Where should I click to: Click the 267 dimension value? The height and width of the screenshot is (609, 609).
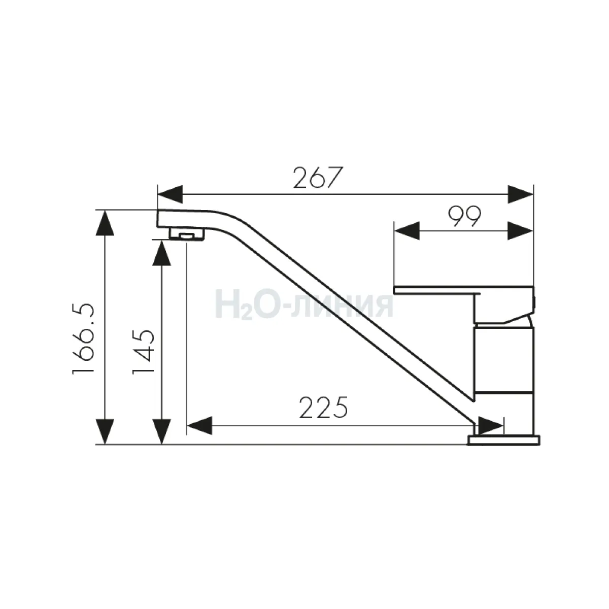point(318,178)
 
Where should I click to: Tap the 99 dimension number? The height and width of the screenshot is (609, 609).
point(464,217)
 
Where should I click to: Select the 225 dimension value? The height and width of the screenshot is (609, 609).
point(323,407)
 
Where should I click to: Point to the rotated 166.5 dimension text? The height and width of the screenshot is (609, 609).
point(83,339)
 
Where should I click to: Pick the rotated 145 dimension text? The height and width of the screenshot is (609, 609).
point(143,352)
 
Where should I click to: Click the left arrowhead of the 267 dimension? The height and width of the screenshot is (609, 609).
point(170,194)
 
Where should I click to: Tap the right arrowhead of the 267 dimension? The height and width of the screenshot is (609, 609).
point(521,194)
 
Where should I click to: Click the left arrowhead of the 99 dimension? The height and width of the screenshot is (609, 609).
point(407,231)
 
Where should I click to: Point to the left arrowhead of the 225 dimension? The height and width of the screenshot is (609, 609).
point(199,426)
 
